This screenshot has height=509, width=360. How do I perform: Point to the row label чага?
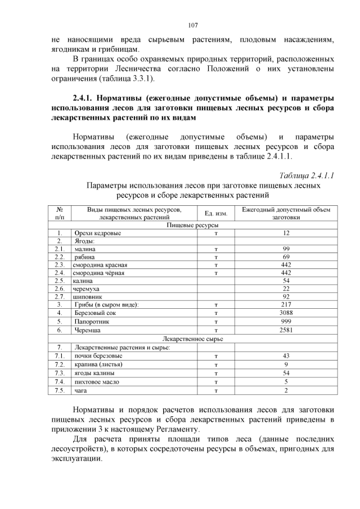pos(79,390)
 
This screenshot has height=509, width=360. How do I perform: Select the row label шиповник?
pos(87,296)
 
